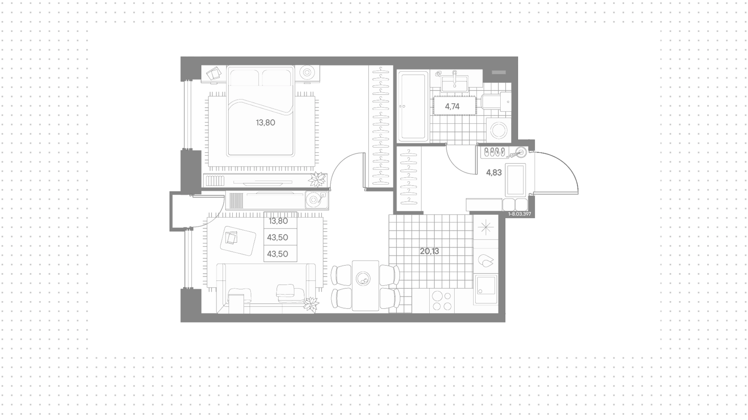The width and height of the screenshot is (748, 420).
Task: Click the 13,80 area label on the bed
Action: pyautogui.click(x=265, y=123)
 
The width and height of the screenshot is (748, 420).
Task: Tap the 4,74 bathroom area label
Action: pyautogui.click(x=452, y=106)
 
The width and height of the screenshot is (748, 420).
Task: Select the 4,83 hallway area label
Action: pyautogui.click(x=494, y=173)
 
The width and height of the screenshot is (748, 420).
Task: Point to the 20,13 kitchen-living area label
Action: pyautogui.click(x=429, y=251)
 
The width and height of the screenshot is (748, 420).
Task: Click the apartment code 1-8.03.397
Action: pyautogui.click(x=520, y=214)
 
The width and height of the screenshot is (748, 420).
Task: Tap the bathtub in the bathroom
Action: pyautogui.click(x=413, y=106)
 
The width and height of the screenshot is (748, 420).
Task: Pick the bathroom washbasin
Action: pyautogui.click(x=454, y=83)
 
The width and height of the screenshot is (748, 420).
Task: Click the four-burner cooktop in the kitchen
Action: pyautogui.click(x=442, y=301)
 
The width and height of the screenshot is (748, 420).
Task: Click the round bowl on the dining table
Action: pyautogui.click(x=365, y=279)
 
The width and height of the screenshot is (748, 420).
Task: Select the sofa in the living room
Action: pyautogui.click(x=266, y=288)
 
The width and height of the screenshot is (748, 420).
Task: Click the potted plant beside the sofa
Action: pyautogui.click(x=311, y=304)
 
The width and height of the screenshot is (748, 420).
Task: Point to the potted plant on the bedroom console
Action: pyautogui.click(x=317, y=180)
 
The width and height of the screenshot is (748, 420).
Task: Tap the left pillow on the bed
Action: pyautogui.click(x=244, y=78)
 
